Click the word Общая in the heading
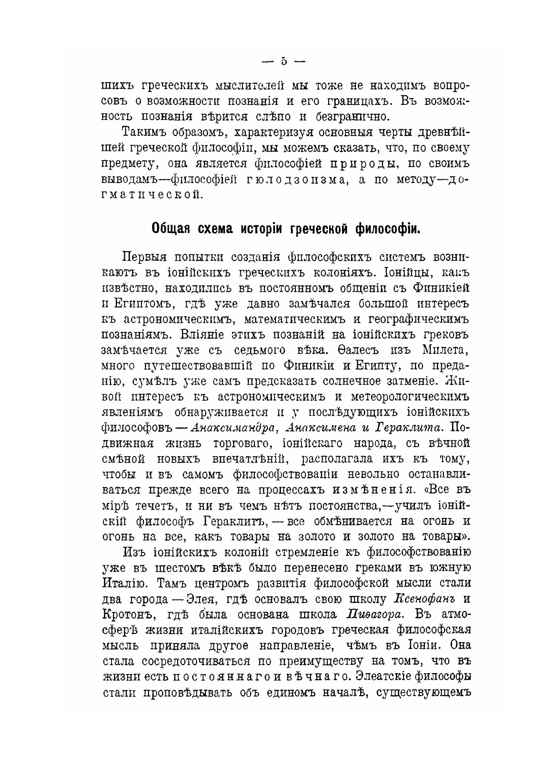pyautogui.click(x=171, y=229)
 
